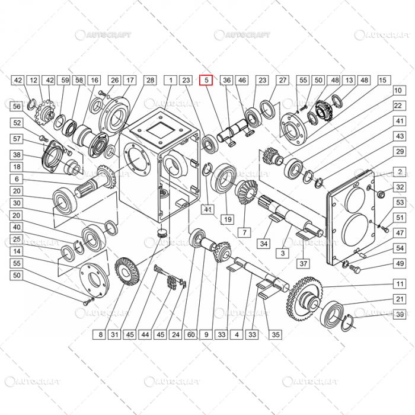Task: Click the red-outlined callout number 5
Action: [x=206, y=79]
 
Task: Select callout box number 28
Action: [x=150, y=79]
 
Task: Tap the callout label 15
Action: [x=382, y=79]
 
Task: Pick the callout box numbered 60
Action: [x=191, y=335]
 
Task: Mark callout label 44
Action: [x=145, y=335]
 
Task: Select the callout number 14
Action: [x=17, y=252]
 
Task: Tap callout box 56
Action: [x=17, y=106]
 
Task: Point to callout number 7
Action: [x=241, y=232]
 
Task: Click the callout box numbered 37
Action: [x=303, y=263]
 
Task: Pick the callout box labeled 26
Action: [x=114, y=79]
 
